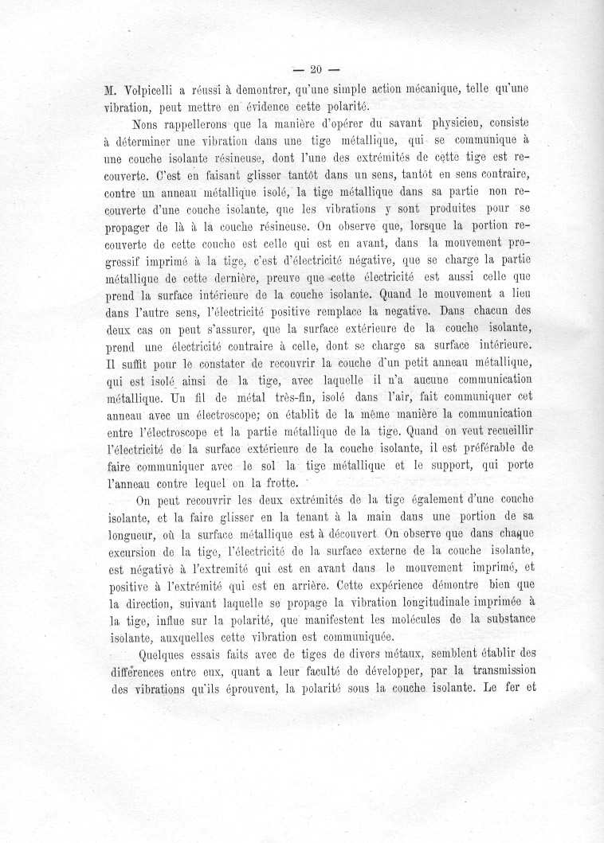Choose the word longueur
tap(135, 536)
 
